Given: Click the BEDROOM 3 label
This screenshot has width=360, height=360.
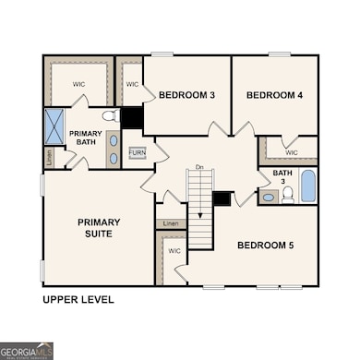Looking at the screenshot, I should click(x=187, y=95).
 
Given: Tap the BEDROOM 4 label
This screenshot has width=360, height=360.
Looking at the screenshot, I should click(x=274, y=95).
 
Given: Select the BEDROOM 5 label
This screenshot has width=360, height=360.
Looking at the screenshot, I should click(x=266, y=245).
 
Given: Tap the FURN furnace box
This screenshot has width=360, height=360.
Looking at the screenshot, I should click(x=137, y=152).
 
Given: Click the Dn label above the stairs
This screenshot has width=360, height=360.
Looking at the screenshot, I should click(x=198, y=167).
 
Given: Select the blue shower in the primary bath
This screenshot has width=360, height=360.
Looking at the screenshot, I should click(x=54, y=125).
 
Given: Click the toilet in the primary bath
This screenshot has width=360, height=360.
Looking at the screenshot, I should click(x=108, y=116).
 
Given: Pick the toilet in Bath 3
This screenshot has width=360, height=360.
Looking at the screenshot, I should click(x=287, y=194).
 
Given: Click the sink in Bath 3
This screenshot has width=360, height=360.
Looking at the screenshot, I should click(x=268, y=197).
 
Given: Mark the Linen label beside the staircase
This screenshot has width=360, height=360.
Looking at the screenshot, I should click(x=170, y=223).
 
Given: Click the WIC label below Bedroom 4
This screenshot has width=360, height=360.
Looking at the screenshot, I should click(x=291, y=153).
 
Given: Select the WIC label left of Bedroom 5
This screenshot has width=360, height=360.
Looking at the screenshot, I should click(x=173, y=250).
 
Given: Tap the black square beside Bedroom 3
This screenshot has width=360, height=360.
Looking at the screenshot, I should click(x=131, y=117).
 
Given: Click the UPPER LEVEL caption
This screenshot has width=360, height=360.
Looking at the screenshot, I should click(x=78, y=300).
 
